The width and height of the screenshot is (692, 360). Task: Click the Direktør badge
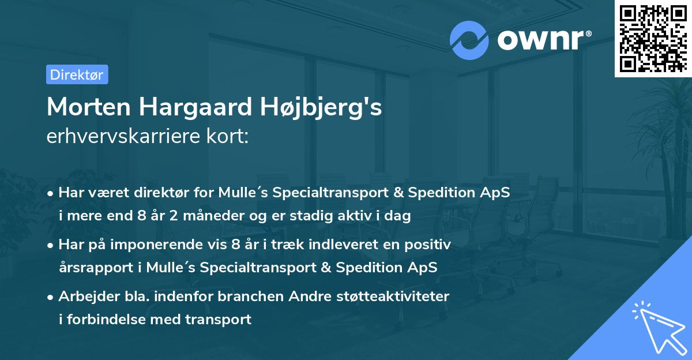coord(77,74)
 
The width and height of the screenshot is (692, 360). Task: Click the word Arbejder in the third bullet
coord(84,297)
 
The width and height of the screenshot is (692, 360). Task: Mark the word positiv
coord(431,245)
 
